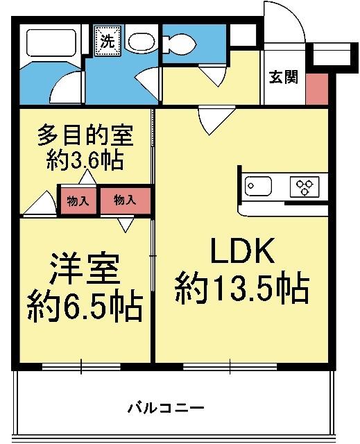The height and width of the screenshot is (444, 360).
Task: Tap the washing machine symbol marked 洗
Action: click(x=107, y=40)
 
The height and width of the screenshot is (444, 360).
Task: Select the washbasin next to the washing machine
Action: click(x=141, y=42)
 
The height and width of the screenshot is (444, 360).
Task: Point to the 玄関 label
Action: click(x=284, y=77)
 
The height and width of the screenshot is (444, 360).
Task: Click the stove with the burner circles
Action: click(x=305, y=187)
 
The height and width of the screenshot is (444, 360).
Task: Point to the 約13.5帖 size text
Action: click(x=241, y=288)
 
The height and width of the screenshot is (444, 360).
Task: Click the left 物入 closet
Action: click(x=78, y=201)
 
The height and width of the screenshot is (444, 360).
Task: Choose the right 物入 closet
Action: click(x=125, y=200)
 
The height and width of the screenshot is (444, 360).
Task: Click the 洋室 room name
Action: click(x=84, y=270)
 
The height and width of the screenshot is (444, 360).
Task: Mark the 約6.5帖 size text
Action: click(x=85, y=305)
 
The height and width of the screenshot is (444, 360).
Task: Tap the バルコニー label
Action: click(x=166, y=407)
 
